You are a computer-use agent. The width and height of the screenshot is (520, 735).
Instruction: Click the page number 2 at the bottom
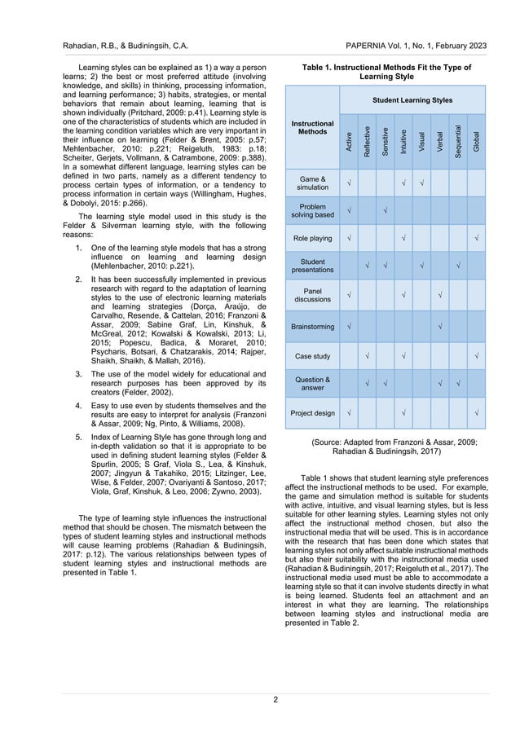pos(276,698)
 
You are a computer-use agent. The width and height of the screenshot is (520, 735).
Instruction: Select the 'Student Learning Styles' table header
pos(412,100)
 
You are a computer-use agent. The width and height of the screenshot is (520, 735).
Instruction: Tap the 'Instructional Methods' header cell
pos(312,127)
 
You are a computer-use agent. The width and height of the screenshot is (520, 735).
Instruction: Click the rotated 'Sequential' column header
pos(459,139)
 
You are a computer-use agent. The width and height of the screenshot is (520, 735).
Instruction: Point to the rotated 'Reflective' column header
pos(368,139)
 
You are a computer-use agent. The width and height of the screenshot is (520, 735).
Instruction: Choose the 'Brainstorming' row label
pos(312,327)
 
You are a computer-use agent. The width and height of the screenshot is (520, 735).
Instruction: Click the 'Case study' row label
pos(312,355)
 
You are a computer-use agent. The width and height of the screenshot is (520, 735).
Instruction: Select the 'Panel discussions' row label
pos(312,294)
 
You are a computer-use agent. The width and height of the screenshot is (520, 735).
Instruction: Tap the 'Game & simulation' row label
pos(312,183)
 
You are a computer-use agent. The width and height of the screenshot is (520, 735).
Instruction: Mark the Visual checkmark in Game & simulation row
pos(422,182)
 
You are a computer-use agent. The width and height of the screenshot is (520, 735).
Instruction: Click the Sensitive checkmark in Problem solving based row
pos(386,211)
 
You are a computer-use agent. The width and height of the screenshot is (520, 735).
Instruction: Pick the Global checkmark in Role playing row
pos(477,239)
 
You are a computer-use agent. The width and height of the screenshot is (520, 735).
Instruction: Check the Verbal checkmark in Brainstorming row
pos(440,327)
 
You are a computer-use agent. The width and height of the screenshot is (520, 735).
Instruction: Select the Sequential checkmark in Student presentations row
pos(459,266)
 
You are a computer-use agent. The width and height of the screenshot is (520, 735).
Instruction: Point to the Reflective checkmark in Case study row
pos(368,355)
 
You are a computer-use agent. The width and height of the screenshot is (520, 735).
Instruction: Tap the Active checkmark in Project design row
pos(349,413)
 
